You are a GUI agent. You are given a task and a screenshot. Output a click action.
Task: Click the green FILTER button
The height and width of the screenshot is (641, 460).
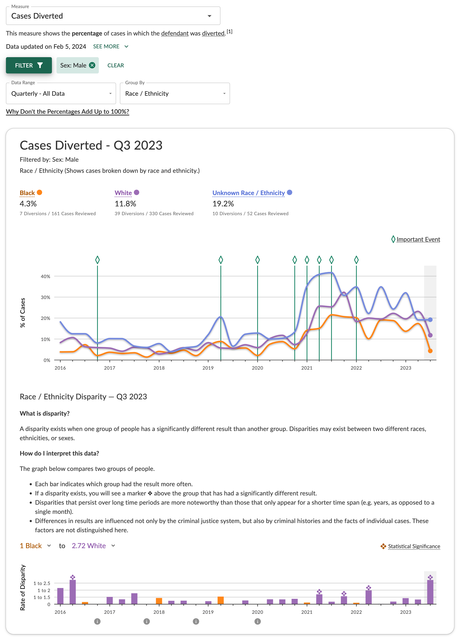pos(29,65)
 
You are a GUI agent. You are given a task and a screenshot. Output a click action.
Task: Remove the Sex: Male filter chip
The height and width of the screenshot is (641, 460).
pos(92,65)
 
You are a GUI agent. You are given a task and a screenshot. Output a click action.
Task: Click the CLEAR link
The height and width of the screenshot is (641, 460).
pos(115,65)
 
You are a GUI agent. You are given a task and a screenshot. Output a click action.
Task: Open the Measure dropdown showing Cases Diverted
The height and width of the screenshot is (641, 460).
pos(113,16)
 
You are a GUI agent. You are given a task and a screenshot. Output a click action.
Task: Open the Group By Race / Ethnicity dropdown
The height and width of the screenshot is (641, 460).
pos(175,94)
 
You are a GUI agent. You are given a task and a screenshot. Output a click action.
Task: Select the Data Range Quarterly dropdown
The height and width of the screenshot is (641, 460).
pos(61,94)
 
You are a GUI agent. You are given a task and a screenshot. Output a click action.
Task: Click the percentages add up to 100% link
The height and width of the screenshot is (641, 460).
pos(67,112)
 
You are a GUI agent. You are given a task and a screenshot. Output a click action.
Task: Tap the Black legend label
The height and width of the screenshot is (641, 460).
pos(27,193)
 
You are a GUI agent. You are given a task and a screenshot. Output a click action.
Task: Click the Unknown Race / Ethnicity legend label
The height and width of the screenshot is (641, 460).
pos(248,193)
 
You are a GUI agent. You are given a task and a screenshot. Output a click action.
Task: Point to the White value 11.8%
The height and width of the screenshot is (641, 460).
pos(125,204)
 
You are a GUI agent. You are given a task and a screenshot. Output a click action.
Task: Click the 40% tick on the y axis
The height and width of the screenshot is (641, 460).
pos(45,276)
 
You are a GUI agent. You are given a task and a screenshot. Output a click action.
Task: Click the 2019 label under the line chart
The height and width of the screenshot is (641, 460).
pos(208,368)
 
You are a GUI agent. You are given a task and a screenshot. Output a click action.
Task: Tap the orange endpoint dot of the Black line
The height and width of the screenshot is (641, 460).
pos(430,351)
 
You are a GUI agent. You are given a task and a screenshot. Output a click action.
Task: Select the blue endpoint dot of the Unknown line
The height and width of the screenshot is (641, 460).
pos(430,320)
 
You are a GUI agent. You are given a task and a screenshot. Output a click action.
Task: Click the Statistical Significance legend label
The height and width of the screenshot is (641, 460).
pos(414,546)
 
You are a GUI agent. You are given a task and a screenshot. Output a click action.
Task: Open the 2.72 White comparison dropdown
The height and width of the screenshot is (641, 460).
pos(93,546)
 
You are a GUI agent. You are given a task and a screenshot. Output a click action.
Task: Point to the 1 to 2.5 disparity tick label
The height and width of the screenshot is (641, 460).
pos(42,583)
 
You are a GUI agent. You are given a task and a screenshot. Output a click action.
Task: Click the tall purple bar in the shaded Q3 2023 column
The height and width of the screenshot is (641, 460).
pos(430,592)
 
